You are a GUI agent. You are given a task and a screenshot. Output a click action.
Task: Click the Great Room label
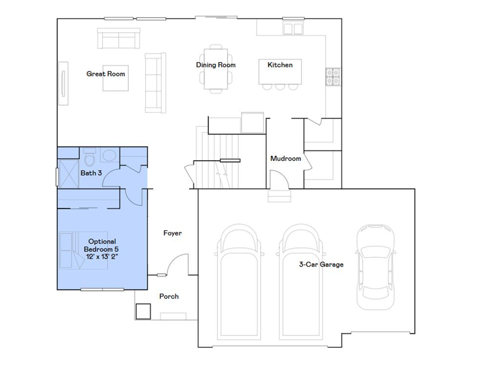(x=105, y=74)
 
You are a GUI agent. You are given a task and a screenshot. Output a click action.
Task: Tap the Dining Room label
(x=216, y=65)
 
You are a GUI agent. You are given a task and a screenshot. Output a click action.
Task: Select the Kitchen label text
(x=280, y=65)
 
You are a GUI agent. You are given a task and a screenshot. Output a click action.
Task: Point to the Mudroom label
(x=286, y=158)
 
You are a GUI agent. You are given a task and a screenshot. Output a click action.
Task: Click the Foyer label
(x=172, y=233)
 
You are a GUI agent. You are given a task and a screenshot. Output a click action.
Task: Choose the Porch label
(x=169, y=296)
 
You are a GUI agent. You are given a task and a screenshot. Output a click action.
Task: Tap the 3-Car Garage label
(x=321, y=265)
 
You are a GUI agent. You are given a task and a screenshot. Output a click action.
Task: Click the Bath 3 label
(x=91, y=173)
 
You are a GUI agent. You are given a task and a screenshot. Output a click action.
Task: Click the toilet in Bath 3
(x=89, y=158)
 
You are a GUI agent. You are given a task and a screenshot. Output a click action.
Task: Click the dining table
(x=216, y=68)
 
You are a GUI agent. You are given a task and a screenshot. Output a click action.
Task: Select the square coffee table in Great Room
(x=116, y=78)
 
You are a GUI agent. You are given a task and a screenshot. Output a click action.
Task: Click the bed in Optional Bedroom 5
(x=83, y=250)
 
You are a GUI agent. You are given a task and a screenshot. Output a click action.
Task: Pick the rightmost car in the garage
(x=375, y=266)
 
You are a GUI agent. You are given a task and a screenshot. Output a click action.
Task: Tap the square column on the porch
(x=143, y=311)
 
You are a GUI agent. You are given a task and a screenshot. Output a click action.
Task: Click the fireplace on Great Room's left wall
(x=64, y=83)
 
